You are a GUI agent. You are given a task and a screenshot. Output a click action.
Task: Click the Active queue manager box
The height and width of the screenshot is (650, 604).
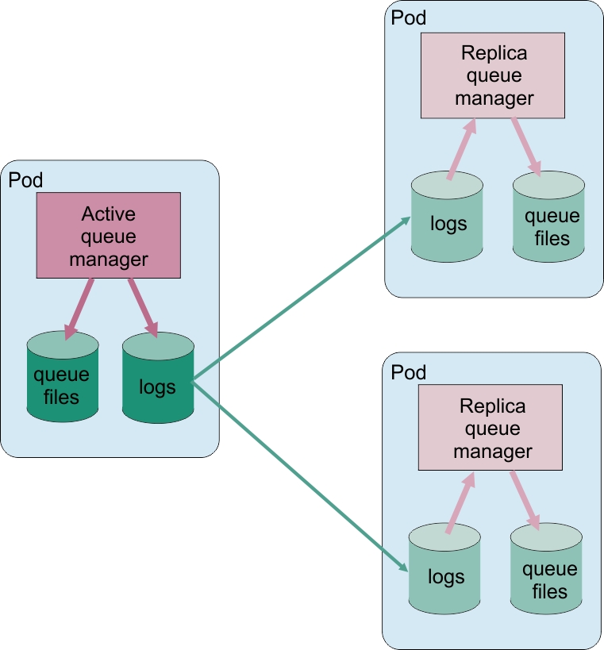coord(109,236)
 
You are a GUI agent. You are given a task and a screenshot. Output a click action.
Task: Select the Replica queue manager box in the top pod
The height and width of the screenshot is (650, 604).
coord(493,76)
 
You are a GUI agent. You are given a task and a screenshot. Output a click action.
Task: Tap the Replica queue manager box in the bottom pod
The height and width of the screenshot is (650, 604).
coord(491,428)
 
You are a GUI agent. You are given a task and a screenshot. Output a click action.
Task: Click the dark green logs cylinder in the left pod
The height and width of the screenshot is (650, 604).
coord(158,379)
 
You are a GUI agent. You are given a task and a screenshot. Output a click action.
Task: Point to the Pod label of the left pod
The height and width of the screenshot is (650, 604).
coord(25,179)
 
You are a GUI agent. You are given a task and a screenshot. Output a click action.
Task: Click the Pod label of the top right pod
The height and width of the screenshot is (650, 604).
coord(409,18)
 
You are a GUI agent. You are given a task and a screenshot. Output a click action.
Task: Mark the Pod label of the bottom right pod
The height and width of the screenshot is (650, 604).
coord(409,372)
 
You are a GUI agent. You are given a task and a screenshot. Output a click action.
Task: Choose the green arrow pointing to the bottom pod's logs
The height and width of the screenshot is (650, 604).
coord(302,476)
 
